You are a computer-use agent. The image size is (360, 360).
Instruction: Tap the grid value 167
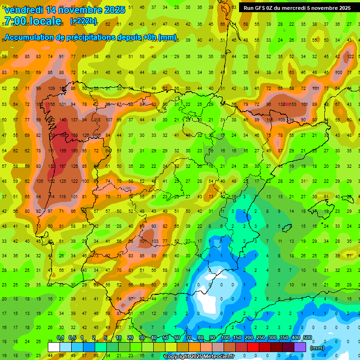click(x=63, y=166)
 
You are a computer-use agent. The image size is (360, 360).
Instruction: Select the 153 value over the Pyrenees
click(x=293, y=105)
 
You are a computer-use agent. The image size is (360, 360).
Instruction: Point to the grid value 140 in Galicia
click(x=63, y=120)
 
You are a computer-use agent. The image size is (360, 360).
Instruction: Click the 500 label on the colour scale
click(x=307, y=337)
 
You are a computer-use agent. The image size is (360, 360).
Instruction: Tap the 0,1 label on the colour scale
click(x=60, y=337)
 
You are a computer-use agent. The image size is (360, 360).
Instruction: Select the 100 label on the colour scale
click(x=225, y=337)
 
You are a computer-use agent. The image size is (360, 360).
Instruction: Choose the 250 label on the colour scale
click(x=260, y=337)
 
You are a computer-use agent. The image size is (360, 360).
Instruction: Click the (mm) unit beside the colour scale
click(x=317, y=348)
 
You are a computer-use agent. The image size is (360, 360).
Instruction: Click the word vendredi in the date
click(x=24, y=10)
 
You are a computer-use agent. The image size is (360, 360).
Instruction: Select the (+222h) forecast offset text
click(x=83, y=21)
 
